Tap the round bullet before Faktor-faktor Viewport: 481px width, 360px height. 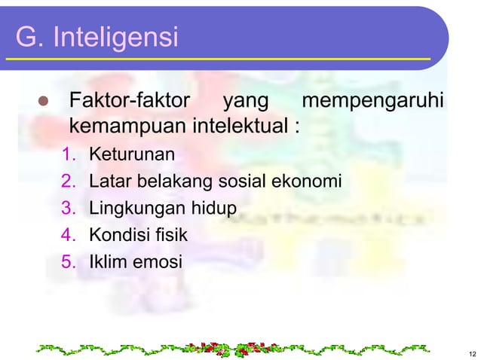point(43,101)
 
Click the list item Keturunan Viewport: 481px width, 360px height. point(132,155)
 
